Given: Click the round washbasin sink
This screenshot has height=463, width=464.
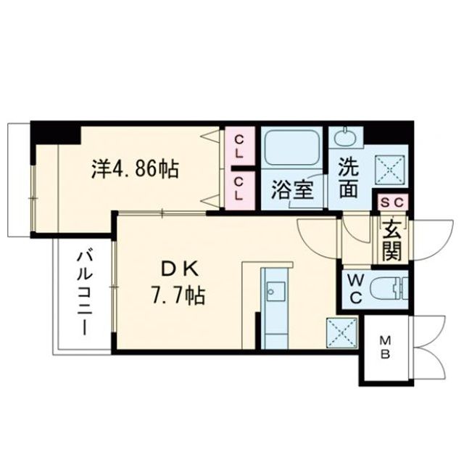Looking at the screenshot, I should [345, 136].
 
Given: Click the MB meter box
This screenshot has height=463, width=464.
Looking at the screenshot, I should [386, 348].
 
